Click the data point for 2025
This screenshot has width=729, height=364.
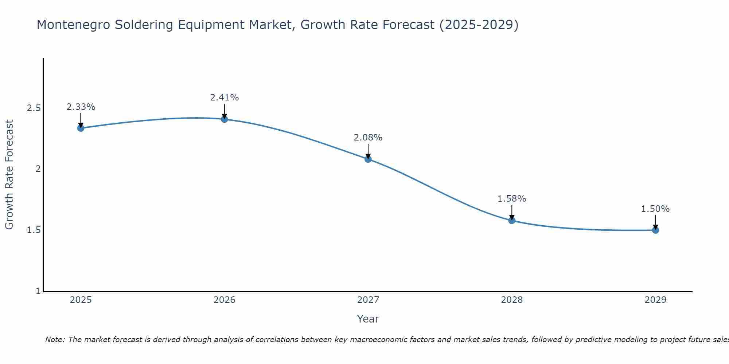click(x=81, y=128)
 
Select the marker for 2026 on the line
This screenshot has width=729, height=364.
click(x=225, y=119)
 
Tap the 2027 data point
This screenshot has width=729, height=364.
click(x=368, y=159)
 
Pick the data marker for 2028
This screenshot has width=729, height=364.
click(x=512, y=220)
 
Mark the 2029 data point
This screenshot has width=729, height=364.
click(x=655, y=230)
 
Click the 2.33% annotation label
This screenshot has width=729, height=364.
click(x=81, y=107)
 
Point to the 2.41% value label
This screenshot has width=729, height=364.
click(x=225, y=98)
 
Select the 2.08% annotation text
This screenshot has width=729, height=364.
click(x=368, y=138)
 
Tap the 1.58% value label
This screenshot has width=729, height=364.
click(x=512, y=199)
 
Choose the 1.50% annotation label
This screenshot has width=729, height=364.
click(x=655, y=209)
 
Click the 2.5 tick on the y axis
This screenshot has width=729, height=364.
click(x=34, y=108)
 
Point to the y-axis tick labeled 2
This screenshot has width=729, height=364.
click(x=38, y=169)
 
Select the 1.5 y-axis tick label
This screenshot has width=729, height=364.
click(x=34, y=230)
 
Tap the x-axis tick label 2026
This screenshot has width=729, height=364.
click(x=225, y=300)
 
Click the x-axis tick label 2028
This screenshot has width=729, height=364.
click(x=512, y=300)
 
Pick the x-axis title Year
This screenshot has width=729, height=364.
click(x=368, y=319)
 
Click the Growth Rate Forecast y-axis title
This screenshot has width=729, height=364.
click(x=9, y=175)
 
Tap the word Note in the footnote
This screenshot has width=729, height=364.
click(x=54, y=340)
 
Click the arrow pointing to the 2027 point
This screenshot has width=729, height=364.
click(x=368, y=151)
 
